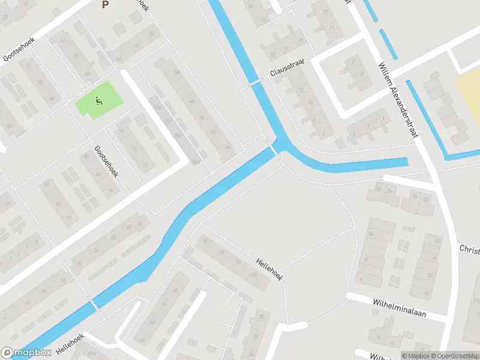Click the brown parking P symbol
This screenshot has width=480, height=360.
point(106,5)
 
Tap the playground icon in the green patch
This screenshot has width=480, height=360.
point(98,101)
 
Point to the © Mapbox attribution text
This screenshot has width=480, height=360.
point(415,356)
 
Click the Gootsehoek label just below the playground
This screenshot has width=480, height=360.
point(107,161)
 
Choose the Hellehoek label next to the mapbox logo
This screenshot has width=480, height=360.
point(70,343)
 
